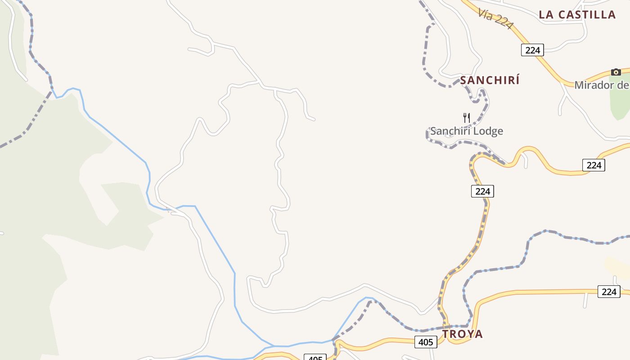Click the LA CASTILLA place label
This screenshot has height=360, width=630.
[577, 14]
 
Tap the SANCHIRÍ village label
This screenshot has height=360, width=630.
[490, 81]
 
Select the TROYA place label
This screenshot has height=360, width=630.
[462, 334]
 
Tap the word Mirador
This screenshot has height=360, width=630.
[594, 85]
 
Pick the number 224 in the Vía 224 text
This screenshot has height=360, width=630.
[503, 21]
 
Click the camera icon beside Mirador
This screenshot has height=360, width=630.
[616, 72]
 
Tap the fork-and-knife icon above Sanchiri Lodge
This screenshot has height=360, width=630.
[467, 118]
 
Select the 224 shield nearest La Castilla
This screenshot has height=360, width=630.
[532, 50]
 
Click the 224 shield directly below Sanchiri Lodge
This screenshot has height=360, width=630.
[482, 191]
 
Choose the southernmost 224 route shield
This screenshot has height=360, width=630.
[609, 292]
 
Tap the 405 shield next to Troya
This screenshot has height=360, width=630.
[425, 342]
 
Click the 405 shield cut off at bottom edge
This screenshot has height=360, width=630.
[315, 358]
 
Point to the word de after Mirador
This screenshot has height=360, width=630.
[623, 85]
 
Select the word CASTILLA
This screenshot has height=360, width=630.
[587, 14]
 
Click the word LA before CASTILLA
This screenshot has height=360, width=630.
[546, 14]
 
